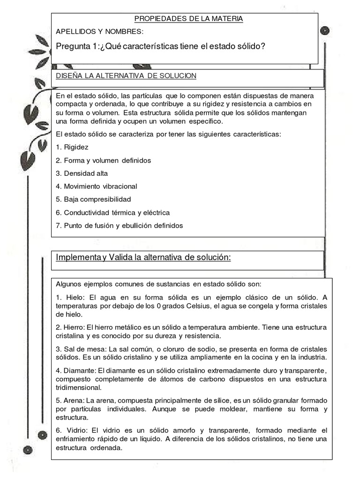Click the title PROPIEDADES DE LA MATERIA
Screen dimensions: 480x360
tap(188, 19)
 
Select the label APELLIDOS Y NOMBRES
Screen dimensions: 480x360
tap(100, 32)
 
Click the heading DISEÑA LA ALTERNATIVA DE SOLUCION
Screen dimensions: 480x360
tap(126, 75)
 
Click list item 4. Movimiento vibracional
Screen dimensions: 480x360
tap(96, 186)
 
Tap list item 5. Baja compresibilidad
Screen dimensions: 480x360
tap(93, 199)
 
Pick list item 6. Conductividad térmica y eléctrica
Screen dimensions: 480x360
tap(112, 212)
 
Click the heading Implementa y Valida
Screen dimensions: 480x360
tap(143, 258)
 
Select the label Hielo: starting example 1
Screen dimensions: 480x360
tap(74, 298)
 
